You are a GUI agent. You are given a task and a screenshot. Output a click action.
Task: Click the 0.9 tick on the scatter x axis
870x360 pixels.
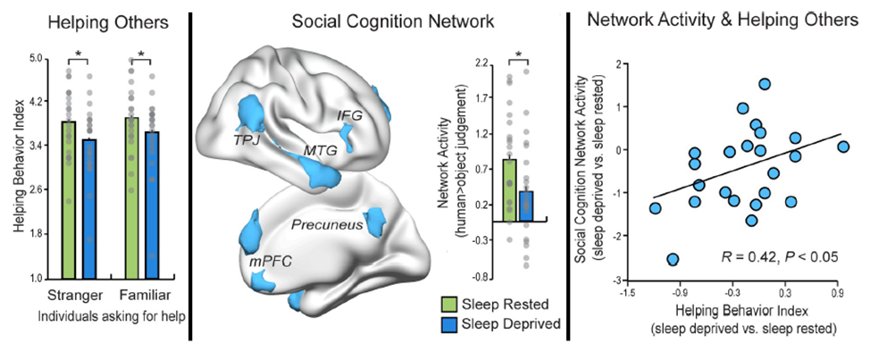838,291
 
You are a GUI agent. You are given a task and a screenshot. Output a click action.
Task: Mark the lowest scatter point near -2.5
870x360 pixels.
672,260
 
